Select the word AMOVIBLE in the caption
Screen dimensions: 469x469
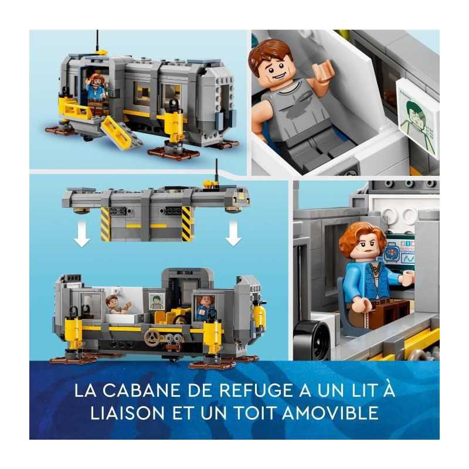330,413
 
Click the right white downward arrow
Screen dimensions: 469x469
233,235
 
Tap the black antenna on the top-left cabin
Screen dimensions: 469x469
97,42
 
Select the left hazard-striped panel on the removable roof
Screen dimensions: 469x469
106,223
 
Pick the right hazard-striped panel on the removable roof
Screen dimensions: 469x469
186,223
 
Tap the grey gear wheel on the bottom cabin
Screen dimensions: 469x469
152,338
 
